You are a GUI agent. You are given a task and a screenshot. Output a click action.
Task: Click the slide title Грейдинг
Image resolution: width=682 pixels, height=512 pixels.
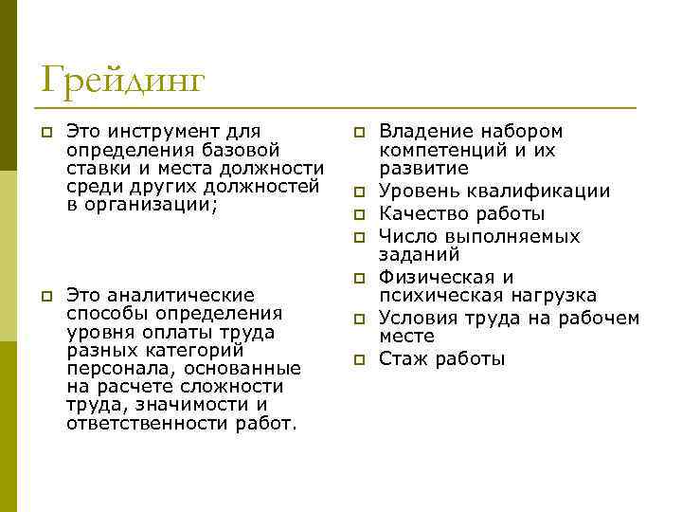pyautogui.click(x=122, y=81)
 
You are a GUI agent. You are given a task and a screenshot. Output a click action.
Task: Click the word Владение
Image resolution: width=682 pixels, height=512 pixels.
pyautogui.click(x=422, y=131)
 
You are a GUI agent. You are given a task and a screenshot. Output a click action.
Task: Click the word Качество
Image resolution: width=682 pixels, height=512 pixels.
pyautogui.click(x=420, y=213)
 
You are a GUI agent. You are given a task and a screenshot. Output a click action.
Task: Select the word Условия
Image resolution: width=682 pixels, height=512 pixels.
pyautogui.click(x=419, y=318)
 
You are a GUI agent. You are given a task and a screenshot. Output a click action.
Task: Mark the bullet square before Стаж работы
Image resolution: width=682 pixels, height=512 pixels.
pyautogui.click(x=360, y=359)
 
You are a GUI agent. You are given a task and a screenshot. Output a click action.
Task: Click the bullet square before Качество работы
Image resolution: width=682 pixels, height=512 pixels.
pyautogui.click(x=360, y=214)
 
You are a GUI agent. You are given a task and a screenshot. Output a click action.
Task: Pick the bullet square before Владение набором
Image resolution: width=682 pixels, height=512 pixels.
pyautogui.click(x=360, y=132)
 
